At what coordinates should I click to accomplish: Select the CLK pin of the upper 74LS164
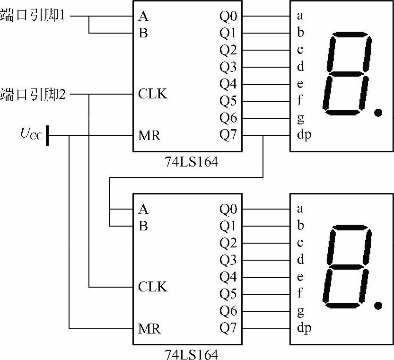coord(153,94)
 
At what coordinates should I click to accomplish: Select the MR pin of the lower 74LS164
coord(149,328)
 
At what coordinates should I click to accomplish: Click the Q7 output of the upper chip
coord(228,135)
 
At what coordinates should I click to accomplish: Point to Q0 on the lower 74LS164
coord(228,209)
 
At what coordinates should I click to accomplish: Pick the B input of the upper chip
coord(143,33)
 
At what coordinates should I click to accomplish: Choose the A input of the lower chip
coord(143,209)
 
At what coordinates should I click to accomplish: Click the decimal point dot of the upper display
coord(377,113)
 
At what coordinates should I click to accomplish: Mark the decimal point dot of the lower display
coord(377,305)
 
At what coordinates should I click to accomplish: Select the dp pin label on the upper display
coord(304,135)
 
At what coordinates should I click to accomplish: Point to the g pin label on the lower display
coord(300,311)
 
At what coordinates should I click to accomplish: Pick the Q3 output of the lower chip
coord(228,260)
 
